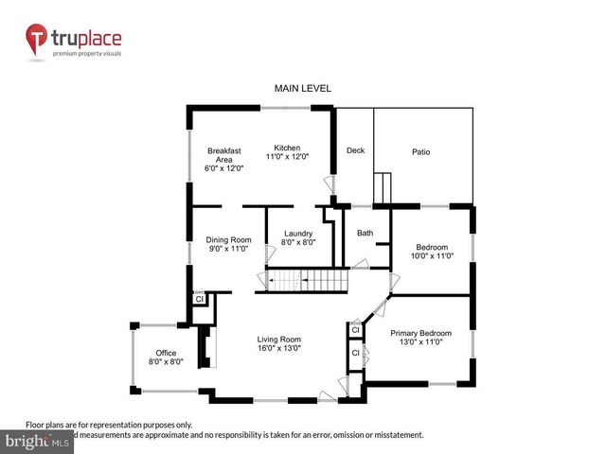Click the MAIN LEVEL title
pyautogui.click(x=303, y=88)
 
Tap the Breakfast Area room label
pyautogui.click(x=224, y=159)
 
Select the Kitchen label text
pyautogui.click(x=287, y=148)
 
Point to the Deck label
pyautogui.click(x=355, y=150)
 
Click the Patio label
pyautogui.click(x=421, y=151)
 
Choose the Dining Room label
pyautogui.click(x=228, y=239)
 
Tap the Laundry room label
pyautogui.click(x=297, y=233)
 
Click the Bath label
pyautogui.click(x=365, y=233)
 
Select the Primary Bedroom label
pyautogui.click(x=421, y=333)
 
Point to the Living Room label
pyautogui.click(x=279, y=340)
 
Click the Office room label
pyautogui.click(x=166, y=353)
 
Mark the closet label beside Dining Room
pyautogui.click(x=199, y=299)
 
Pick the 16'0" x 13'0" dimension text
pyautogui.click(x=279, y=348)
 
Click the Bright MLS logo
pyautogui.click(x=38, y=441)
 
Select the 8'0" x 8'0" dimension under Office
pyautogui.click(x=166, y=361)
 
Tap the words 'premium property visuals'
pyautogui.click(x=86, y=54)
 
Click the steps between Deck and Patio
pyautogui.click(x=383, y=188)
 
